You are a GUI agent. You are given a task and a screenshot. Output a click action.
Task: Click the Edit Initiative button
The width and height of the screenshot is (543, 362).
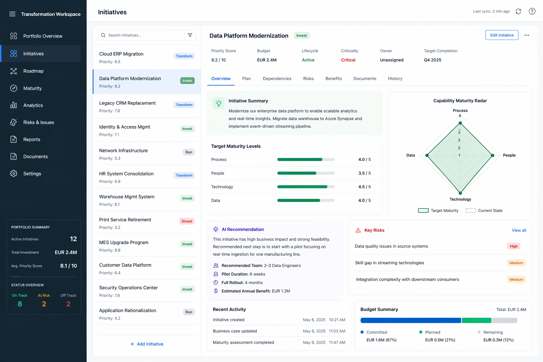(502, 35)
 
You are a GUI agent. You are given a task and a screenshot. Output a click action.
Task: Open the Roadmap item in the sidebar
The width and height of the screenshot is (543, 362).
(33, 71)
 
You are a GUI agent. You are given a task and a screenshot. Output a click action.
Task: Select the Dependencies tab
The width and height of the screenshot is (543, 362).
(277, 78)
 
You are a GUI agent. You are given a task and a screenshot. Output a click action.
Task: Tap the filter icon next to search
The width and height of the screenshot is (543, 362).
(190, 35)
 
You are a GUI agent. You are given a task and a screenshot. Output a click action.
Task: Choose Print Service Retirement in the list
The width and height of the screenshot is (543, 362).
(125, 220)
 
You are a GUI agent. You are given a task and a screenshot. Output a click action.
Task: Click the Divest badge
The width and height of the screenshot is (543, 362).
(187, 221)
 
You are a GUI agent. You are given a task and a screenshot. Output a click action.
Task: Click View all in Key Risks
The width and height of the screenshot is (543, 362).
(519, 230)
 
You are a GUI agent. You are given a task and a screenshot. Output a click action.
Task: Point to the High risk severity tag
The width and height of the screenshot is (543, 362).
(513, 246)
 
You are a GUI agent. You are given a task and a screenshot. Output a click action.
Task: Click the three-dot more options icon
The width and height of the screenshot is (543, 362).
(526, 35)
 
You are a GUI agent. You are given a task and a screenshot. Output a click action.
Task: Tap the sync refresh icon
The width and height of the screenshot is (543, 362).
(518, 11)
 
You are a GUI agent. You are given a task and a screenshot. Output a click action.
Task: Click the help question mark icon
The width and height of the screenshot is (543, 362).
(532, 11)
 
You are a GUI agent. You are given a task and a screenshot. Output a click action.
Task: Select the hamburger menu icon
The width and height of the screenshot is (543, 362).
(12, 14)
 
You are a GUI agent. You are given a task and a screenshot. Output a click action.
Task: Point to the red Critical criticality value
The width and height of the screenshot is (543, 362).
(348, 60)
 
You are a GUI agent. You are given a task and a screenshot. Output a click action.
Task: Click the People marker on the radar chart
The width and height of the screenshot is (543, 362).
(492, 156)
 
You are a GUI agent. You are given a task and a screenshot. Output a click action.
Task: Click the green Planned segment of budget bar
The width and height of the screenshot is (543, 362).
(476, 320)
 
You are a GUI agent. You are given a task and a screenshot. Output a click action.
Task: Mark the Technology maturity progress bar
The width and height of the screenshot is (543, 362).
(305, 187)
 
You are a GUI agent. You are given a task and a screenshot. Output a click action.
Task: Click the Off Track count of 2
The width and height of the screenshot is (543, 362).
(68, 304)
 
